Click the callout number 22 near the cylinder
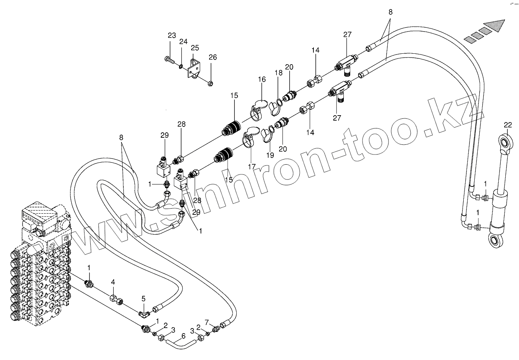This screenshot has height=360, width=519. [507, 125]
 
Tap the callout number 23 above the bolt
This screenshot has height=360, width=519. [172, 35]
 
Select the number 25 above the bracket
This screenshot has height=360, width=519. [195, 47]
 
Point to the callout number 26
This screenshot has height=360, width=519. [212, 57]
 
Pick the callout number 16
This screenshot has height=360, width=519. [261, 79]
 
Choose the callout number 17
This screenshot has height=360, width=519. [252, 166]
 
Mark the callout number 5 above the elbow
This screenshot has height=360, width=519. [143, 299]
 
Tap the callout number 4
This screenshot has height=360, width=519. [113, 281]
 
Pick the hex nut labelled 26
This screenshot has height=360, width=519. [210, 83]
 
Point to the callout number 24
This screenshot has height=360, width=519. [183, 42]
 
